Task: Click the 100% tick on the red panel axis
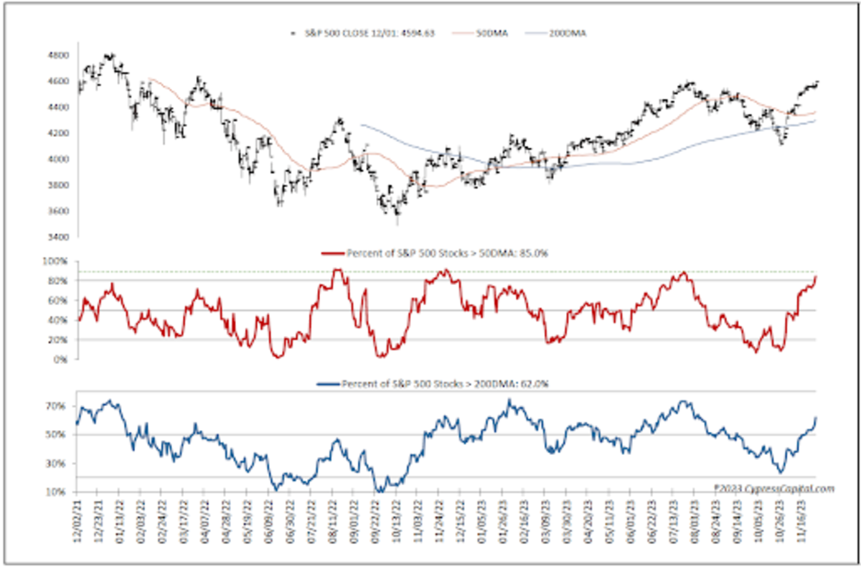pyautogui.click(x=58, y=261)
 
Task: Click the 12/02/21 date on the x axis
pyautogui.click(x=77, y=524)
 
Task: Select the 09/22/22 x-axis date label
pyautogui.click(x=375, y=524)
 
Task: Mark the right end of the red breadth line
pyautogui.click(x=817, y=277)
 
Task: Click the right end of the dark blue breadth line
pyautogui.click(x=817, y=418)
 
